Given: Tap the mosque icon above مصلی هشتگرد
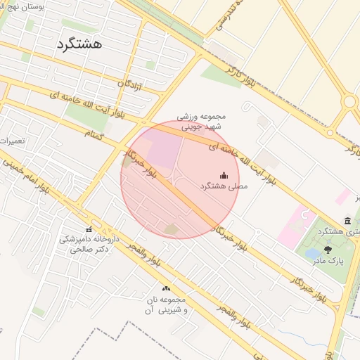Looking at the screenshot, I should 224,175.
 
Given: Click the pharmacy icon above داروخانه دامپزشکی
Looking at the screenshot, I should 89,229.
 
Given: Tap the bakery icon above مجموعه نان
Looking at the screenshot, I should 166,288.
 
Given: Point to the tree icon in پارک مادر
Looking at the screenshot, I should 328,248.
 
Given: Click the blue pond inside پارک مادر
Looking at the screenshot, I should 314,253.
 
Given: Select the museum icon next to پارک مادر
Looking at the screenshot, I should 347,221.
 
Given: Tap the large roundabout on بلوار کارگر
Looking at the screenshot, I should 349,101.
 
